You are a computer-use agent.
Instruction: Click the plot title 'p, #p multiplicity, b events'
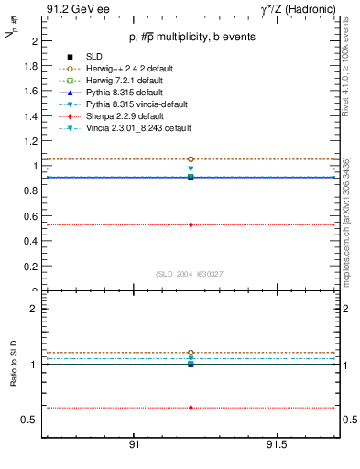(x=191, y=37)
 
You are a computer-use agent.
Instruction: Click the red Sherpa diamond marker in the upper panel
(x=191, y=224)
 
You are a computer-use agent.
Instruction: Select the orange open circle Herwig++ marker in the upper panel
(x=191, y=159)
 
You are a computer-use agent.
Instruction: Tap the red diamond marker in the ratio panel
(x=191, y=408)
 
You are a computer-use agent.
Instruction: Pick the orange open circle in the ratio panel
(x=191, y=353)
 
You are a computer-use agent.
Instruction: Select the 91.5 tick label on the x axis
(x=277, y=445)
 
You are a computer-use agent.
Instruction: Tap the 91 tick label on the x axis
(x=134, y=445)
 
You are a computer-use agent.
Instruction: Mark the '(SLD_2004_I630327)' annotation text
(x=191, y=274)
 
